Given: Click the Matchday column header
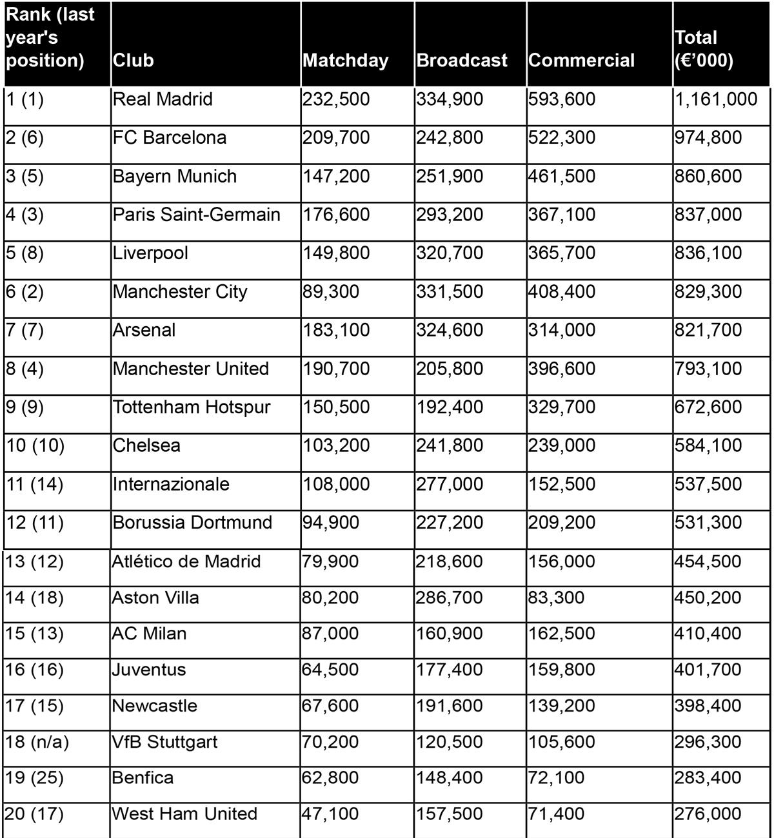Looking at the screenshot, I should tap(346, 61).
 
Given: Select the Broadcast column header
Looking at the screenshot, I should tap(462, 61).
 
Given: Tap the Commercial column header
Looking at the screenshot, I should tap(581, 61).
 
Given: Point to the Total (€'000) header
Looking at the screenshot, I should tap(704, 49).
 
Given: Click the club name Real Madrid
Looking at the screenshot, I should tap(163, 99).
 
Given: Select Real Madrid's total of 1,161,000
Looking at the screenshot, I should tap(716, 99).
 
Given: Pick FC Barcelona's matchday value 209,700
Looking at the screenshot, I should tap(336, 138).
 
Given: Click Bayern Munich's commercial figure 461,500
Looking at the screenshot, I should tap(562, 177).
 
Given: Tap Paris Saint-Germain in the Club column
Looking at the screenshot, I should tap(196, 215).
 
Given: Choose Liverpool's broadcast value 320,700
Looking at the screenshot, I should tap(450, 253).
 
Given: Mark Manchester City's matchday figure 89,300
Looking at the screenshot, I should tap(331, 292).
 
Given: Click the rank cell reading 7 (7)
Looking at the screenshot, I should tap(25, 330).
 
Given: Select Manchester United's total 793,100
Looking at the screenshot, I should tap(708, 369).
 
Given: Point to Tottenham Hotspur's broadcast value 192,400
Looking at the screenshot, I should tap(450, 407).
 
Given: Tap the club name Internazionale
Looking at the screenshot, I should tap(171, 484).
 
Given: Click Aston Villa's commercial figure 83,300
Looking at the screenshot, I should tap(556, 598).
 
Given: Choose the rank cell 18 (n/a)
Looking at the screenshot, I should tap(37, 742).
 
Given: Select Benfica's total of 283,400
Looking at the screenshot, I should tap(708, 778).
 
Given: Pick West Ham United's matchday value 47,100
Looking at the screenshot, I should tap(330, 814).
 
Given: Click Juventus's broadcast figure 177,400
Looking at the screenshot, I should tap(450, 670).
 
